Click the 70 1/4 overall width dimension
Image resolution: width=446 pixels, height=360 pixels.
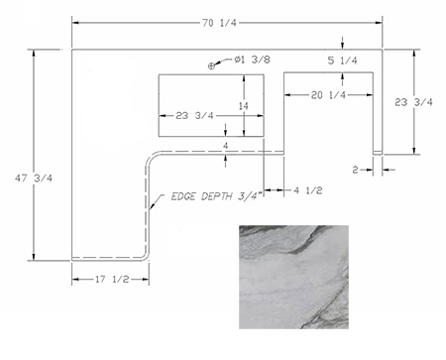coord(220,23)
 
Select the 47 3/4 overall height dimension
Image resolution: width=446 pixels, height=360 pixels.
coord(34,179)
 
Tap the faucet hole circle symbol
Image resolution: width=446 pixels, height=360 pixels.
coord(211,66)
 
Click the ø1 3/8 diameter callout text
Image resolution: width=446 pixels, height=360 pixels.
coord(253,60)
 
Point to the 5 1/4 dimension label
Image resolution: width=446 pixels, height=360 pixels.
coord(342,60)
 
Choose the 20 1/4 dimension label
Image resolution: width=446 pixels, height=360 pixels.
coord(328,95)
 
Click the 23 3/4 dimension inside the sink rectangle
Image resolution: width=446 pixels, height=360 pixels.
coord(194,116)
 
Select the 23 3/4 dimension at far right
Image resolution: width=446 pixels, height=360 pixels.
coord(413,102)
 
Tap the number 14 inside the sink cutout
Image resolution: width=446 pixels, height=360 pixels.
coord(243,106)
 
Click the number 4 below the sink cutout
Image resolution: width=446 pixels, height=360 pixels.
coord(226,146)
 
